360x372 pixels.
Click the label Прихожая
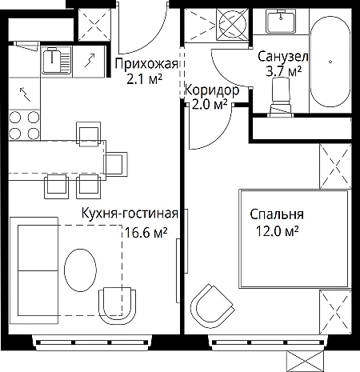pos(146,65)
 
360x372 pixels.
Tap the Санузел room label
pos(283,57)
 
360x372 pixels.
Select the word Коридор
pos(212,90)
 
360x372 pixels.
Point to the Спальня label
pos(277,214)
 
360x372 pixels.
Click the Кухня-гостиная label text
pos(130,214)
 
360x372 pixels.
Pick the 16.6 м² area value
pos(146,232)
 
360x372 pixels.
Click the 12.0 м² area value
pos(277,231)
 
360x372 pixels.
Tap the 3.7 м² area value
pos(284,71)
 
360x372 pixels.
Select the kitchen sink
pos(57,60)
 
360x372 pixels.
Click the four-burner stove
pos(24,125)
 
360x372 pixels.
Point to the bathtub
pos(330,62)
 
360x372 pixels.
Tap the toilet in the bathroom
pos(281,98)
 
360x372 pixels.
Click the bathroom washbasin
pos(281,21)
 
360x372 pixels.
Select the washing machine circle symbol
pos(232,25)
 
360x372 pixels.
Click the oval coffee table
pos(80,270)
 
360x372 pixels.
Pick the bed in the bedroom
pos(294,239)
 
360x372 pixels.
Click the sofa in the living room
pos(34,270)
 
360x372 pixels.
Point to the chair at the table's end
pos(116,163)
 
